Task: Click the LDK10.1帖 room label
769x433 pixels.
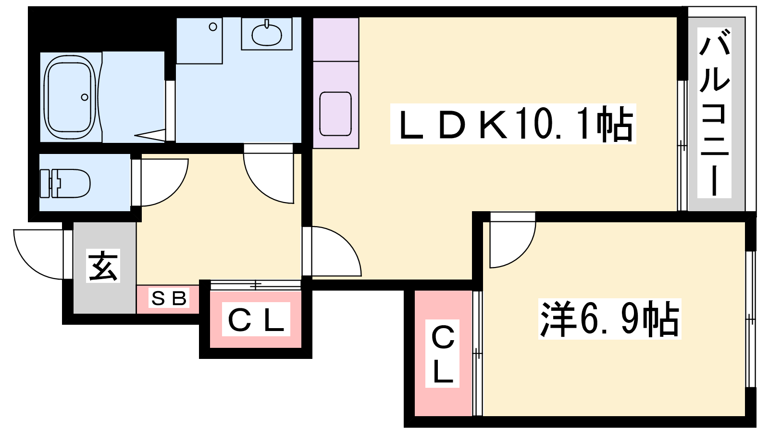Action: [514, 124]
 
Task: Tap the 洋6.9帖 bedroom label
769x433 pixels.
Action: [610, 318]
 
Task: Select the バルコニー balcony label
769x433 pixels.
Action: [714, 113]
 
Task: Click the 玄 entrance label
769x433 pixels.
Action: [103, 266]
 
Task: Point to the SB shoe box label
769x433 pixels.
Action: [169, 298]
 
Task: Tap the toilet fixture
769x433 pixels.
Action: [65, 183]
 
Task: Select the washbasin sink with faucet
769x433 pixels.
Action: [267, 34]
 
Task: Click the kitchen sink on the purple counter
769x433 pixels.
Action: [335, 114]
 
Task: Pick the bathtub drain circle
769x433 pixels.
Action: [85, 97]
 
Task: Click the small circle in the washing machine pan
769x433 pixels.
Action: [213, 27]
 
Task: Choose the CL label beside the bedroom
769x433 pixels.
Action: [443, 354]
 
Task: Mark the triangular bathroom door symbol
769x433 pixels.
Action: [149, 135]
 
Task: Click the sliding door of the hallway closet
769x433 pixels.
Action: [255, 285]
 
